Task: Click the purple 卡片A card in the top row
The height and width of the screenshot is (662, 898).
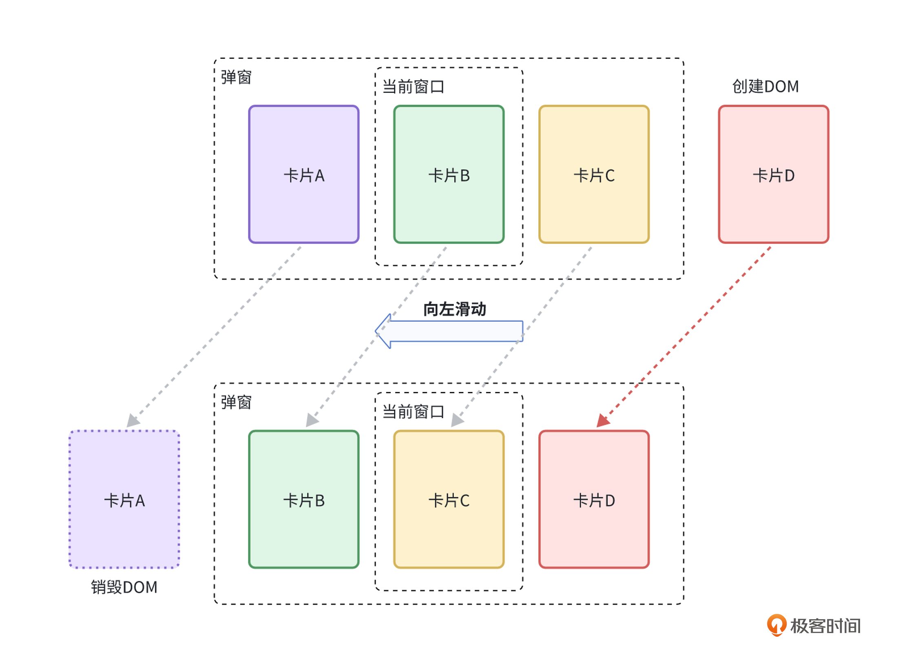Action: click(x=304, y=174)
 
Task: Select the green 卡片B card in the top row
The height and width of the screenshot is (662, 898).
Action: click(x=449, y=174)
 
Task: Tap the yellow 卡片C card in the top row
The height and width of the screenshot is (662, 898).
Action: click(x=594, y=174)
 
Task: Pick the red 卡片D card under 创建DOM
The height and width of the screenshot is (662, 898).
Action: click(x=773, y=174)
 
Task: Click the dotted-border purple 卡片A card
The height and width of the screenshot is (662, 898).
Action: click(x=124, y=499)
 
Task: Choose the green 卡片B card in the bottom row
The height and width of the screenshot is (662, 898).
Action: click(x=304, y=499)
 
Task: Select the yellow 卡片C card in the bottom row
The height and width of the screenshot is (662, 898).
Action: click(x=449, y=499)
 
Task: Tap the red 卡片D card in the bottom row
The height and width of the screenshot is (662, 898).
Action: click(x=594, y=499)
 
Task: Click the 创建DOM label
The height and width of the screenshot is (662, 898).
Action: click(x=765, y=86)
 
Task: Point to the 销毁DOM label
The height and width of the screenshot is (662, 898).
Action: click(x=124, y=587)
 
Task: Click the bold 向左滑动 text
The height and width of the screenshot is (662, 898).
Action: click(x=454, y=309)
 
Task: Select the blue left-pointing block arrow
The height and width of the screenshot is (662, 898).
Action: click(x=449, y=331)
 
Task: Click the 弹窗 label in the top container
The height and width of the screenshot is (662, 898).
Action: click(x=236, y=77)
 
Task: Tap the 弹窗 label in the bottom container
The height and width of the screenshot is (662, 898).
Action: click(x=236, y=402)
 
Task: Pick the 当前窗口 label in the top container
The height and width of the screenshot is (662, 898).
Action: click(x=413, y=87)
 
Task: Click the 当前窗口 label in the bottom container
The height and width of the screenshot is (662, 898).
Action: click(x=413, y=412)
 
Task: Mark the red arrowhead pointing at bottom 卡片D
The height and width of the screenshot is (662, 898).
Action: click(x=603, y=421)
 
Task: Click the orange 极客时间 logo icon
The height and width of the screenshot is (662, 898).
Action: click(x=776, y=625)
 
